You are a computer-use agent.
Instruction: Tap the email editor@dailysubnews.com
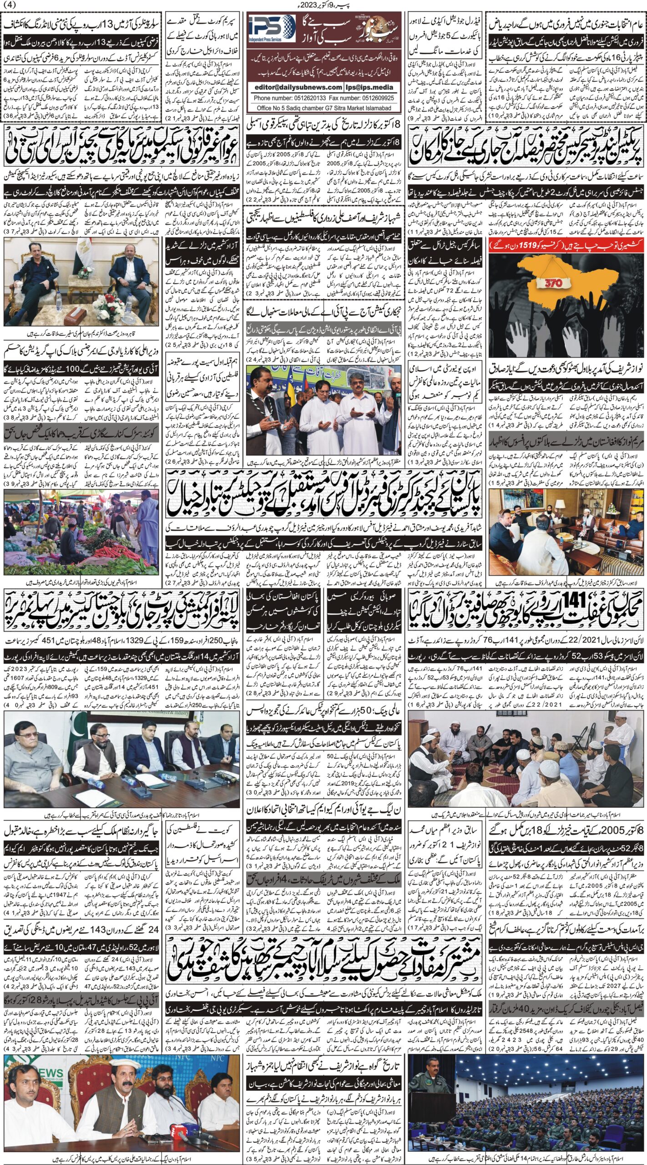295,87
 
